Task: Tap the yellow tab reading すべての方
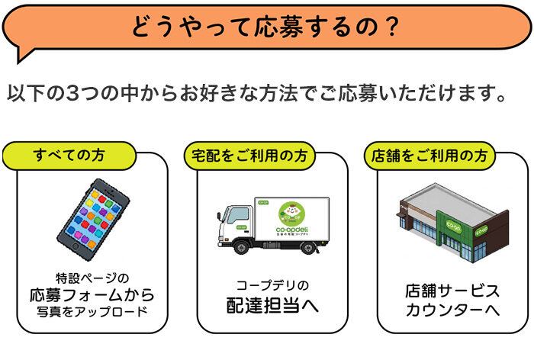point(69,156)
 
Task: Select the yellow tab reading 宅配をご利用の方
point(249,156)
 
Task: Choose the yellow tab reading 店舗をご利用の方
point(429,156)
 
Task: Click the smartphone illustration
point(93,220)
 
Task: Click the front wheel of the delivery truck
point(242,247)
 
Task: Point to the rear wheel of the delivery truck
point(308,247)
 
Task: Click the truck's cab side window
point(237,216)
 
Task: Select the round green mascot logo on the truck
point(291,214)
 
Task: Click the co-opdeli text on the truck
point(292,230)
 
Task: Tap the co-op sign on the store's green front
point(454,226)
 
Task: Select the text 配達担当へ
point(273,305)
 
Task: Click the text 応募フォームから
point(92,295)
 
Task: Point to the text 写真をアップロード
point(92,311)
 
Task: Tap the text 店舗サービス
point(452,291)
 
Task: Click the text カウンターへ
point(452,310)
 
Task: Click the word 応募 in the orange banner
point(278,27)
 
